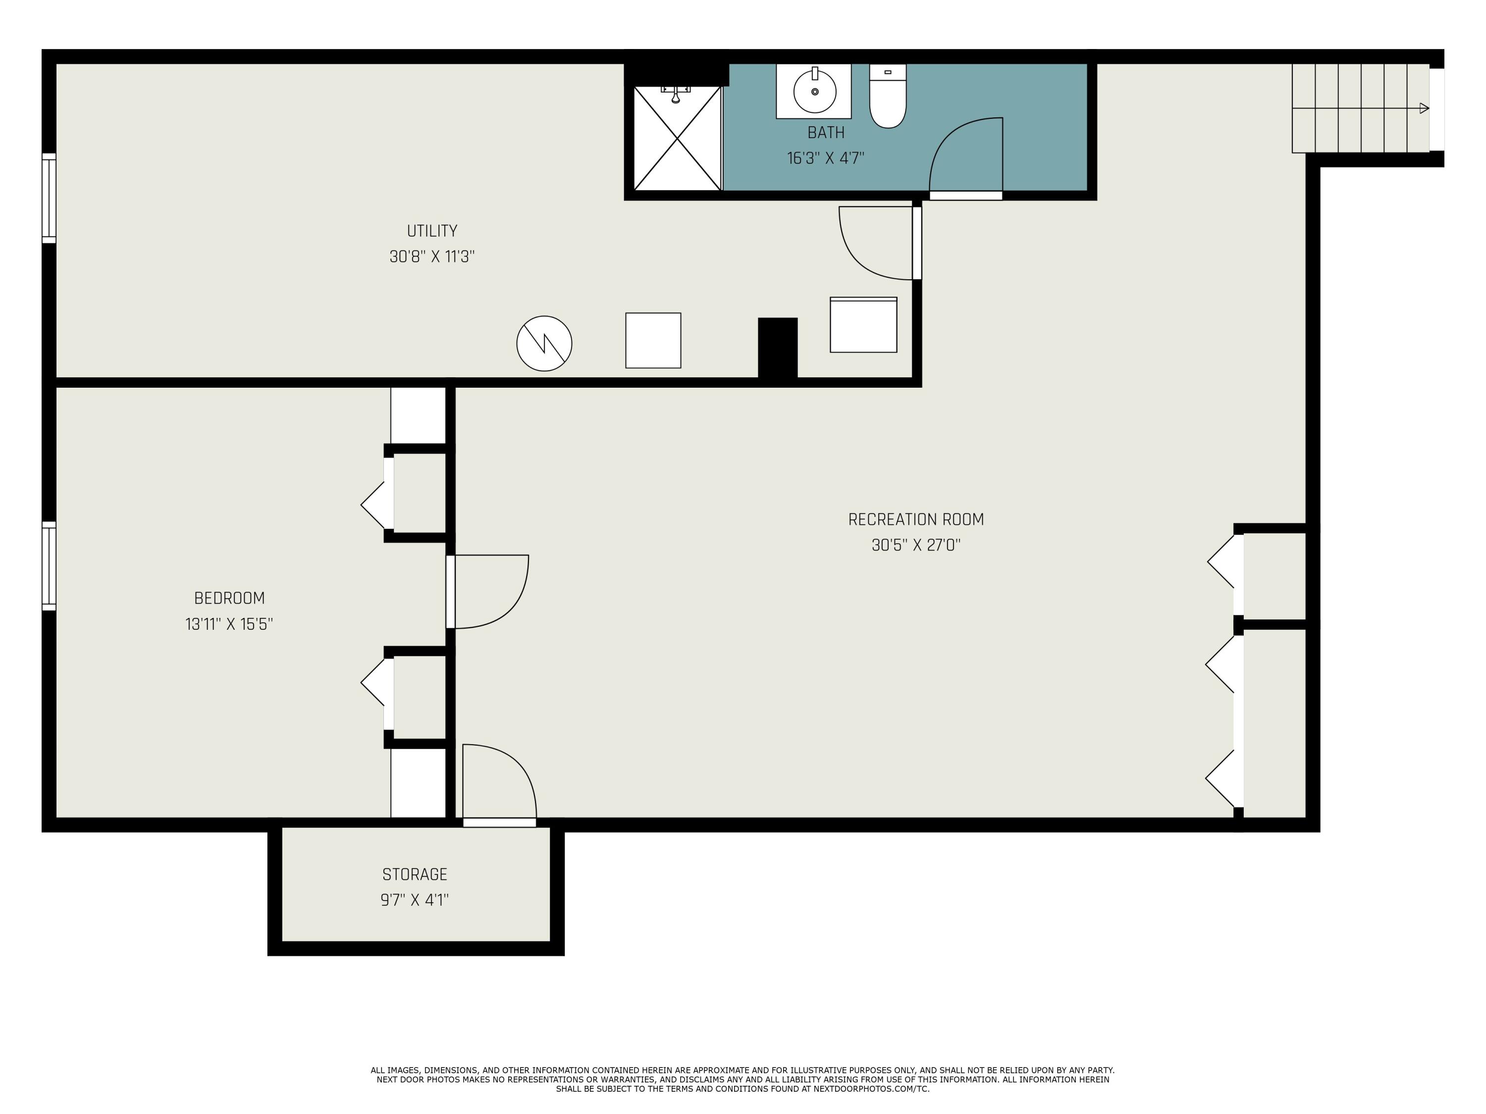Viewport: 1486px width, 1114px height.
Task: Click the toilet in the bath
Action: (888, 96)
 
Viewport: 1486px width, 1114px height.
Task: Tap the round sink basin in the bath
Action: (815, 91)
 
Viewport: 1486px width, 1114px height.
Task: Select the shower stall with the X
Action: (677, 138)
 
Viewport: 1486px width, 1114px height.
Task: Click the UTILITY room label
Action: (432, 231)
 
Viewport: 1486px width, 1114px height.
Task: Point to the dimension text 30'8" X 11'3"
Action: (432, 256)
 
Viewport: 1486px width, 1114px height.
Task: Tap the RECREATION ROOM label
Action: (916, 520)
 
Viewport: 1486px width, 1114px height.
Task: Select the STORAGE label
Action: (415, 874)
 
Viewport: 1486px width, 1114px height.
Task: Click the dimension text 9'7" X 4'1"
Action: (415, 900)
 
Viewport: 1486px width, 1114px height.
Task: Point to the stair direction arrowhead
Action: (1424, 108)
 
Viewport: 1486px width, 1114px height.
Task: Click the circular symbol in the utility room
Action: (544, 343)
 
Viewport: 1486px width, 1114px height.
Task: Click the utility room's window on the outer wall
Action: (49, 198)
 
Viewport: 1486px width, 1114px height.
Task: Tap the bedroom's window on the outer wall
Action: (49, 566)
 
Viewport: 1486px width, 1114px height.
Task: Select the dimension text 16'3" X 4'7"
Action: (826, 158)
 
